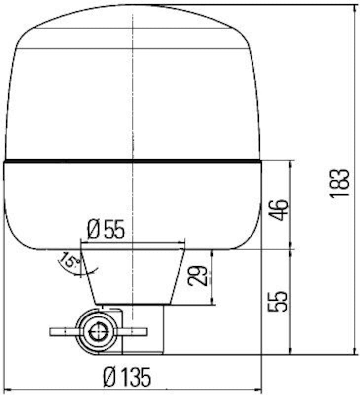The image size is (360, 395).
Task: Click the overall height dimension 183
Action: (340, 183)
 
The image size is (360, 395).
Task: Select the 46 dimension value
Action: (279, 210)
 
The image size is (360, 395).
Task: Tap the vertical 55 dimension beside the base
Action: (278, 301)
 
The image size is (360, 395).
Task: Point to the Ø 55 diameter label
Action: (106, 230)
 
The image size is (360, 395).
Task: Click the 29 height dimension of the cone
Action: (198, 276)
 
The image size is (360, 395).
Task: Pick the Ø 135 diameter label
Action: (127, 378)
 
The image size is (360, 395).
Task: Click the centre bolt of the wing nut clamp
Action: (98, 331)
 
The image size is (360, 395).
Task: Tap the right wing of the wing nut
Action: (134, 331)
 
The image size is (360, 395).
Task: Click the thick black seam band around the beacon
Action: (132, 161)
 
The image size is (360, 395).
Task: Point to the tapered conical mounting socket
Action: (132, 276)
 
